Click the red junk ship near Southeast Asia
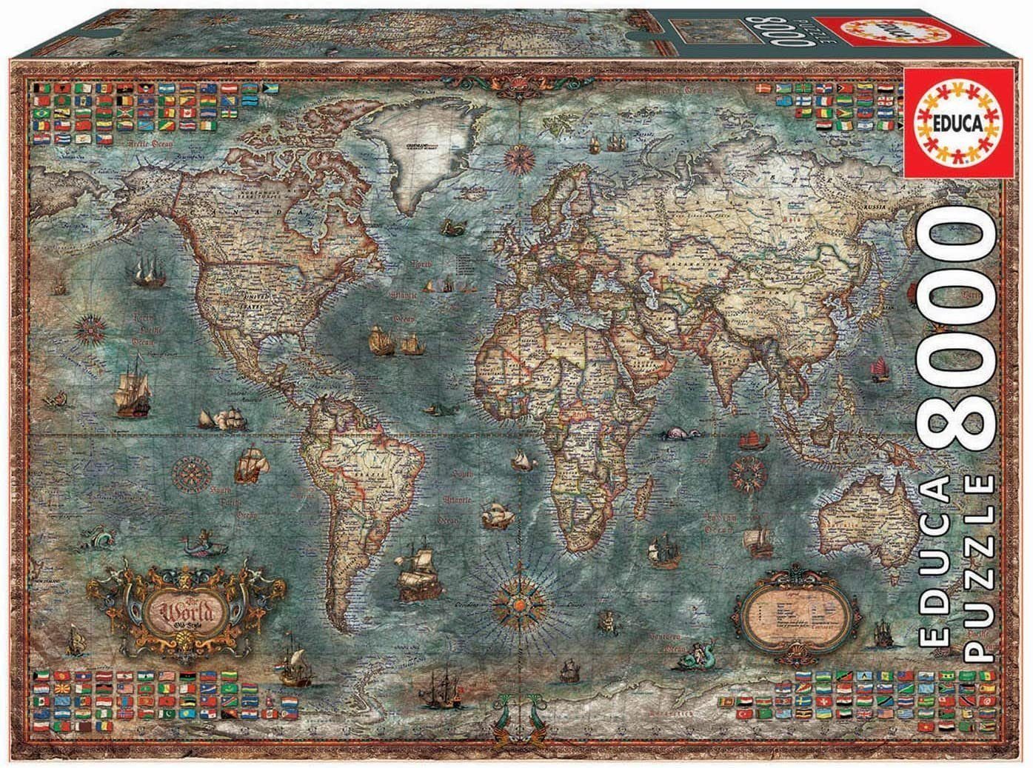tap(879, 370)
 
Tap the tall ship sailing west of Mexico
tap(129, 384)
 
